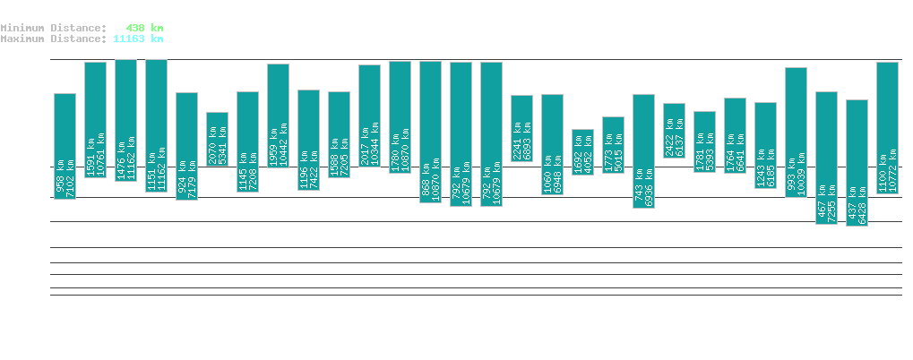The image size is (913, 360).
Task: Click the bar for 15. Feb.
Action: [x=65, y=146]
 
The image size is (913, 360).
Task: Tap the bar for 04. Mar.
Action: [x=582, y=152]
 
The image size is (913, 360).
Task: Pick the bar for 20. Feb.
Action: [x=217, y=139]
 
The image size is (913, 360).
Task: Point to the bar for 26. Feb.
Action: [x=400, y=116]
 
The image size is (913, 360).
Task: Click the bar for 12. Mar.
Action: [x=826, y=158]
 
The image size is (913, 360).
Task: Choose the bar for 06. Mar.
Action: [x=643, y=150]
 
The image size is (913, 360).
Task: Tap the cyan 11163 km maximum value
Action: [x=138, y=39]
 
